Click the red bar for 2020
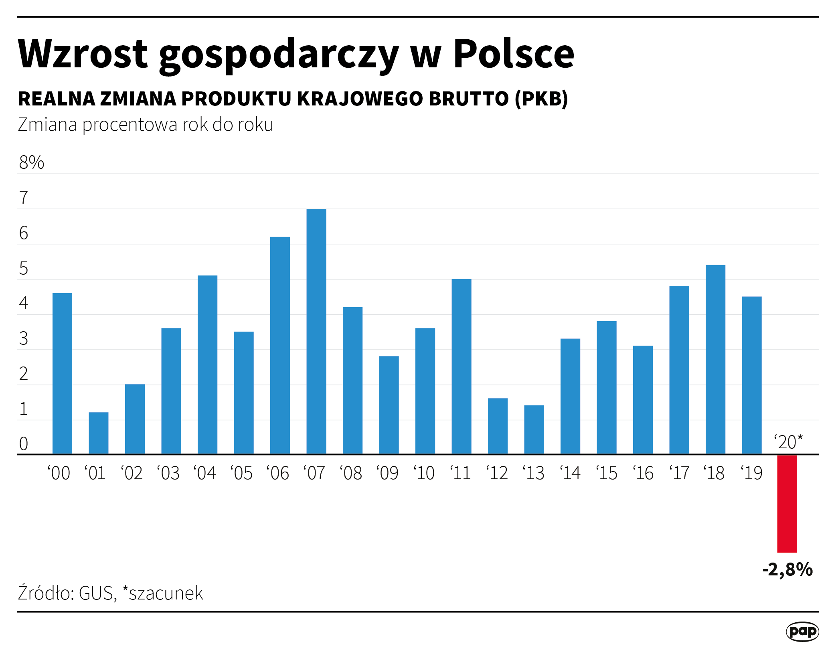(x=787, y=503)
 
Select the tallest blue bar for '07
(x=316, y=331)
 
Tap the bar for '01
(x=98, y=433)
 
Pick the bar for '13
(x=534, y=429)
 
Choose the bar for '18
(x=715, y=359)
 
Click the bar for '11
(x=461, y=366)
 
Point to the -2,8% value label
(x=787, y=569)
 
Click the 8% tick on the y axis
(x=31, y=162)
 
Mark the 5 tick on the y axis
(x=24, y=269)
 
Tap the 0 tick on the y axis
(x=24, y=444)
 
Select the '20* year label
(x=788, y=442)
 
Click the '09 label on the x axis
(x=387, y=473)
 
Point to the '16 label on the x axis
(x=643, y=473)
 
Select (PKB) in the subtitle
(x=541, y=99)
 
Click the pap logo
(x=802, y=631)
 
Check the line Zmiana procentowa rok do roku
(x=146, y=125)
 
